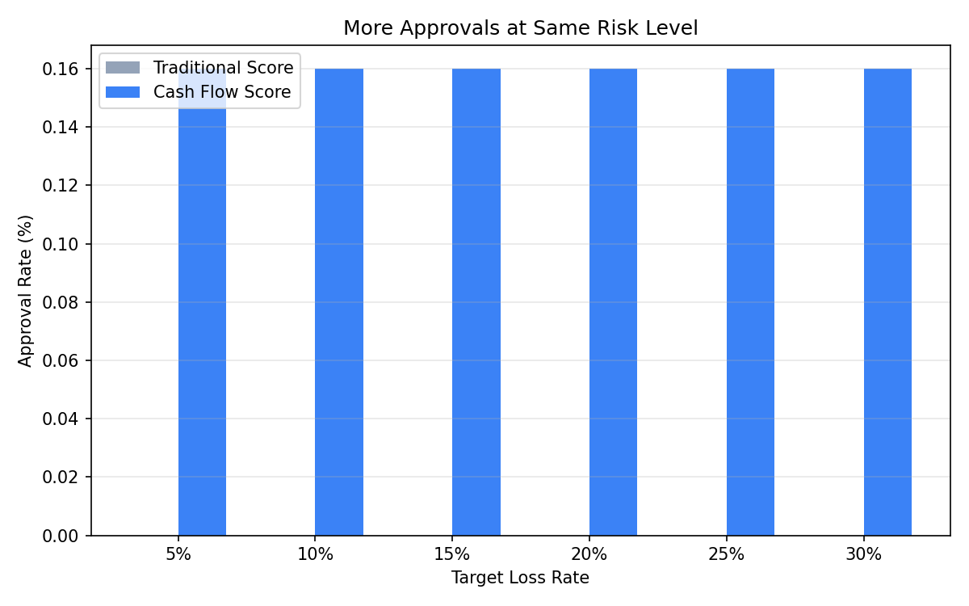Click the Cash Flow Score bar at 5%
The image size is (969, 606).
(x=202, y=323)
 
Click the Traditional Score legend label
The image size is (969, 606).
(x=223, y=68)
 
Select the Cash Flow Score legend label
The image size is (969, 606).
(x=222, y=92)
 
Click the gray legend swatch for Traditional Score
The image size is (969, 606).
(x=123, y=68)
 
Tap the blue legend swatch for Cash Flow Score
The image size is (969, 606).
(x=123, y=92)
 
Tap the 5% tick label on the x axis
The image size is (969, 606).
(x=178, y=555)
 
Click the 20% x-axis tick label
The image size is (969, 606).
(x=589, y=555)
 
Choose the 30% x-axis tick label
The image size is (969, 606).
(x=863, y=555)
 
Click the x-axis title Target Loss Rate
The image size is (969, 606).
(x=520, y=578)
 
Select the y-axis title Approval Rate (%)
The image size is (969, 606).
(x=27, y=291)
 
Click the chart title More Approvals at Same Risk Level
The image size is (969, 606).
(x=520, y=28)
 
